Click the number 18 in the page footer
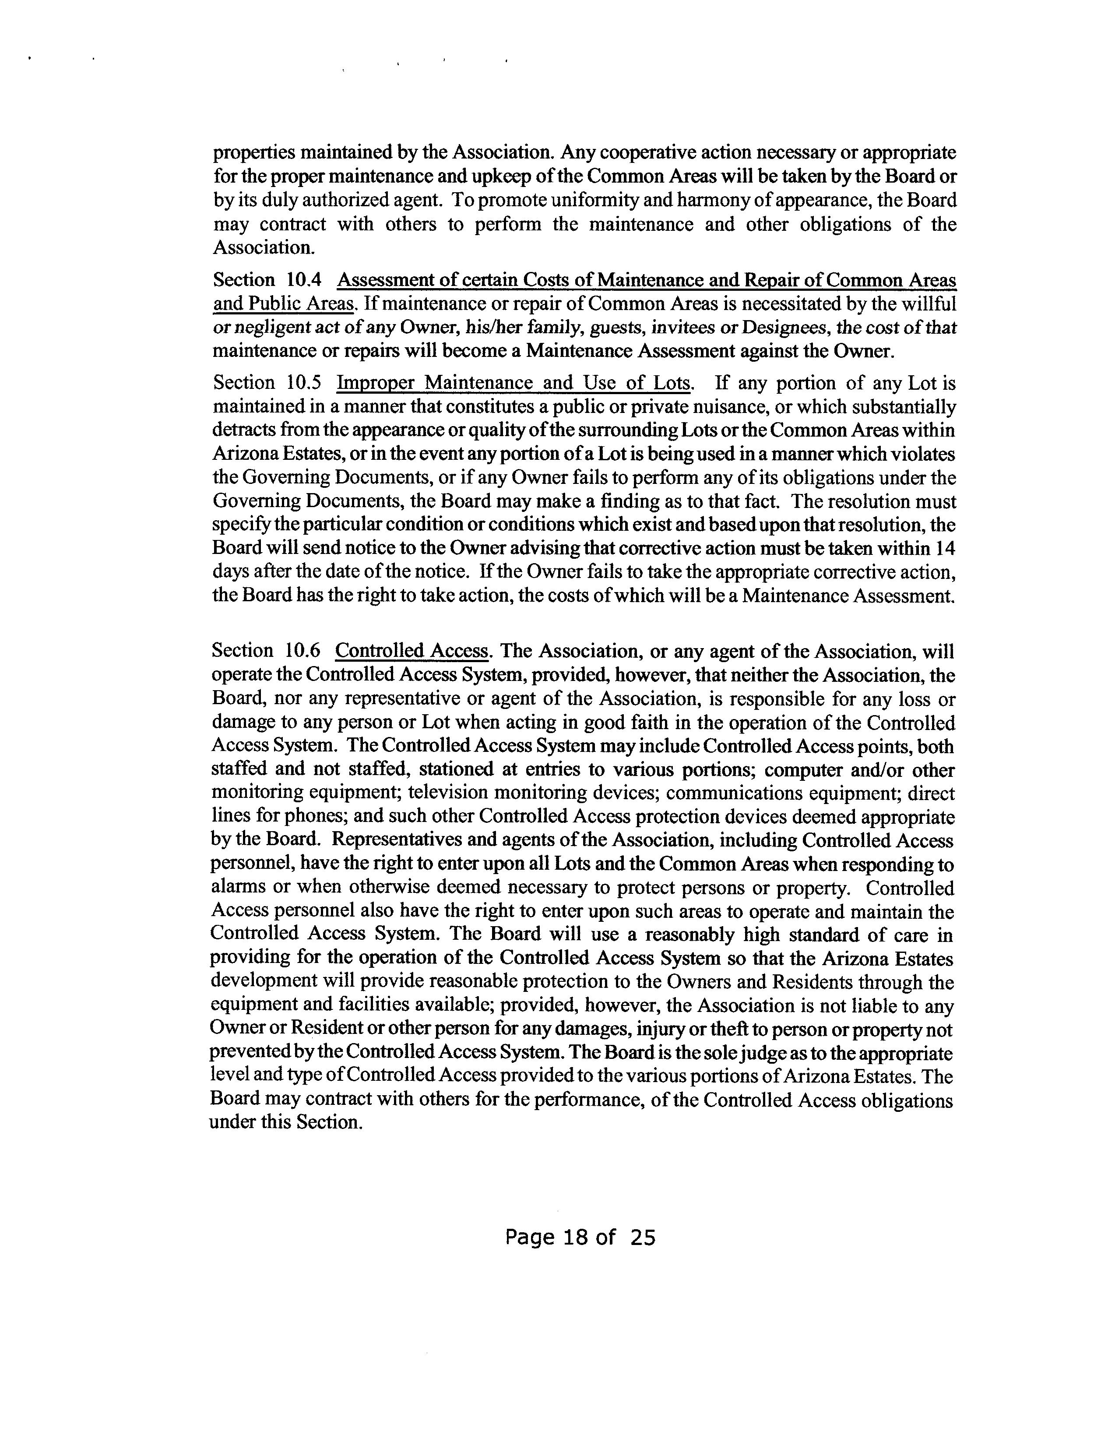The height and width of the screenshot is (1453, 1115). [575, 1237]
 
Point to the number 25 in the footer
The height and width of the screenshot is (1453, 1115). [643, 1237]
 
